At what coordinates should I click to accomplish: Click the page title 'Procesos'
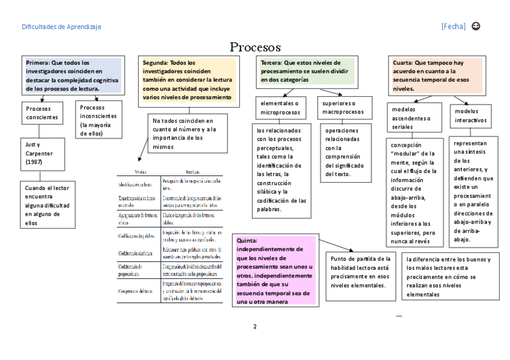[x=255, y=47]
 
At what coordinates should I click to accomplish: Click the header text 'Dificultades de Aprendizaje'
[x=61, y=26]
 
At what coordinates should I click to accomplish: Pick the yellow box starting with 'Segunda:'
[x=189, y=79]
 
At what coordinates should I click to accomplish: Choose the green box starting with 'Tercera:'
[x=306, y=71]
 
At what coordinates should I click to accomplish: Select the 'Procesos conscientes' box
[x=42, y=113]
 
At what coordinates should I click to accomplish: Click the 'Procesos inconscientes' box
[x=100, y=120]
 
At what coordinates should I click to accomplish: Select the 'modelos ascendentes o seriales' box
[x=414, y=118]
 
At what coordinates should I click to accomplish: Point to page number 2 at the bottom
[x=255, y=328]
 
